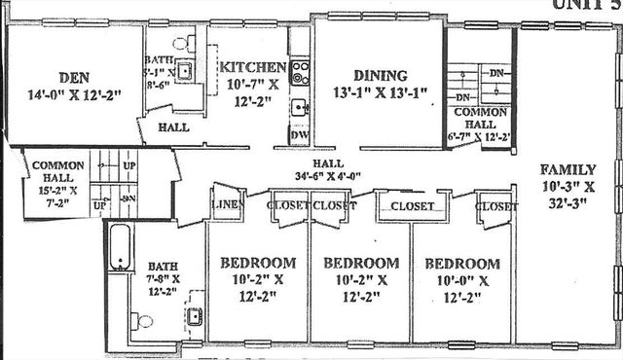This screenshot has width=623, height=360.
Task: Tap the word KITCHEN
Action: (252, 67)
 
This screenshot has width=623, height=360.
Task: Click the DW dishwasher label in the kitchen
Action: (300, 135)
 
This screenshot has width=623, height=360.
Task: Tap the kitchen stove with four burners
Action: (301, 71)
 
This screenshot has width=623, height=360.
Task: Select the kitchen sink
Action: (301, 106)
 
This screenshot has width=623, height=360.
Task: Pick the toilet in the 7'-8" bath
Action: (143, 320)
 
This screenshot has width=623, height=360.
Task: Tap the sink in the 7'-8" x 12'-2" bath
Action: (193, 315)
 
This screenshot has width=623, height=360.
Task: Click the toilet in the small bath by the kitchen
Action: (191, 43)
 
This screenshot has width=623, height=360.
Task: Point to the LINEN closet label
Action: (226, 205)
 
